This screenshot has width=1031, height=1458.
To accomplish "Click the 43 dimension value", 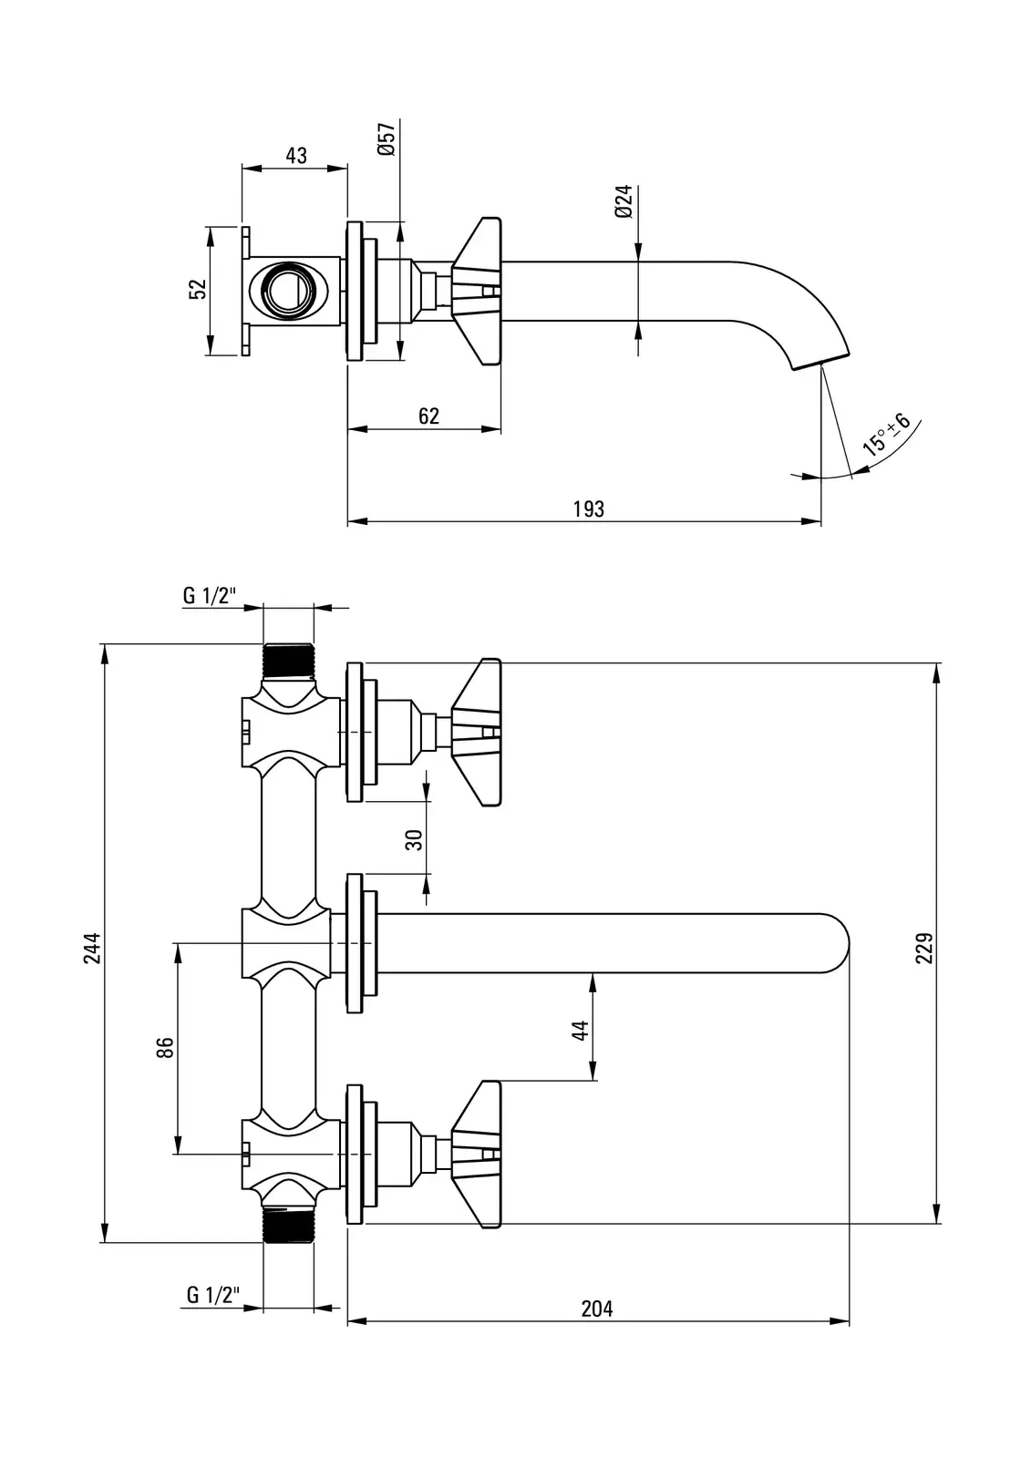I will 296,156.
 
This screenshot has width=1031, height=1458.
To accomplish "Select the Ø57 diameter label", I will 386,138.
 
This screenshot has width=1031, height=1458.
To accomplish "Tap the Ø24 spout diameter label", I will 624,200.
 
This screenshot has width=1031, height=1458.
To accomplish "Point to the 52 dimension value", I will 198,289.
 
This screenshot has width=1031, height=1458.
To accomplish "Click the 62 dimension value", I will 428,416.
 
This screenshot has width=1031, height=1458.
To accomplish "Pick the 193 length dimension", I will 589,509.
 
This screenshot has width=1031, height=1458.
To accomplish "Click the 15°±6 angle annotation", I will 886,435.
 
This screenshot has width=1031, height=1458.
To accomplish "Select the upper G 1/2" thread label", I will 210,596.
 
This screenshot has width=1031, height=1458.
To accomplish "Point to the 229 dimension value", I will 926,948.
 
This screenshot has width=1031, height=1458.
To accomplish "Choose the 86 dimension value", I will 165,1048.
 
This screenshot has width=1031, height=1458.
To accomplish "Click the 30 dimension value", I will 416,839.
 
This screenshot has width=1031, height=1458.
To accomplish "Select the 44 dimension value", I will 581,1030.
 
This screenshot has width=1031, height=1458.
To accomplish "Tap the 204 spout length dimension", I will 597,1309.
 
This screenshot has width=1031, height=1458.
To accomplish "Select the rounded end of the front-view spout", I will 837,943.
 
